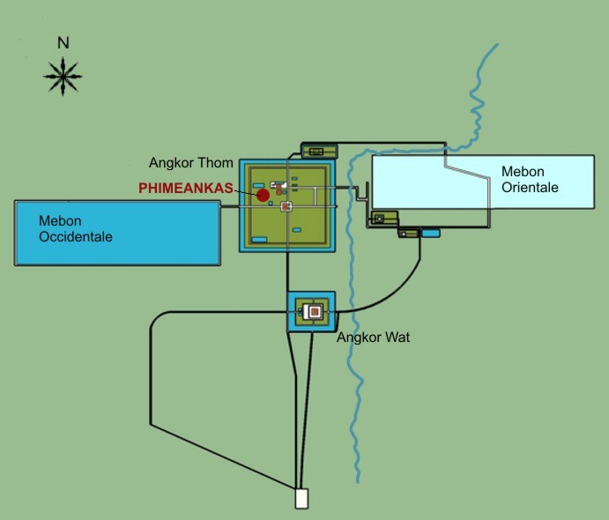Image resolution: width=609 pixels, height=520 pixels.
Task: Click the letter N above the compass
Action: [63, 42]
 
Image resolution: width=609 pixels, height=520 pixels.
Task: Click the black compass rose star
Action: [63, 77]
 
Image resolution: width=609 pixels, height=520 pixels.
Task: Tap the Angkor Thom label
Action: [191, 163]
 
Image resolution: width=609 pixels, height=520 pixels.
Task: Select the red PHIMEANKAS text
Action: [186, 189]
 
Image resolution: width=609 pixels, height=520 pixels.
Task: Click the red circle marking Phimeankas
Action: [263, 195]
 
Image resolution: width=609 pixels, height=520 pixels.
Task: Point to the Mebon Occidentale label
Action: [76, 229]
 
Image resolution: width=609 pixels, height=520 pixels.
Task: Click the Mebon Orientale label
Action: [530, 180]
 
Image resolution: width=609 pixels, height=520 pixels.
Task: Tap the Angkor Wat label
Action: [374, 337]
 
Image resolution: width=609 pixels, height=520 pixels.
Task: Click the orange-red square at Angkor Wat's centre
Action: [315, 311]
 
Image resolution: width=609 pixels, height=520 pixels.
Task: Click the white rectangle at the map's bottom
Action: [301, 499]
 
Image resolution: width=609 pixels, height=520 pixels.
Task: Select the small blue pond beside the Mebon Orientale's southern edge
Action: [430, 233]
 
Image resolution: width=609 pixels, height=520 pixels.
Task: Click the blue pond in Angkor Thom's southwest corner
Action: [259, 240]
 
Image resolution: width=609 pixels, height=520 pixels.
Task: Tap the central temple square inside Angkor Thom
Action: [286, 206]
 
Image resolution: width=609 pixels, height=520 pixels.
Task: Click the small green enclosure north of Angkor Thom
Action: [319, 151]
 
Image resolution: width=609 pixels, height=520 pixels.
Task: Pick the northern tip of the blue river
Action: [498, 44]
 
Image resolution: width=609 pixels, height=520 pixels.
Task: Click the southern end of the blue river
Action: [358, 482]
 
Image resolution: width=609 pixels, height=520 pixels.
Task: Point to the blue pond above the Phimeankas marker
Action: [258, 186]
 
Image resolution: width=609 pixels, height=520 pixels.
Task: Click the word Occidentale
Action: [76, 237]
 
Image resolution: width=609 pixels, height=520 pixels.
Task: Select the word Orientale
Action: [530, 187]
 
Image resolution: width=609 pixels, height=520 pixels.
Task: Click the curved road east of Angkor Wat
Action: [402, 290]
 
